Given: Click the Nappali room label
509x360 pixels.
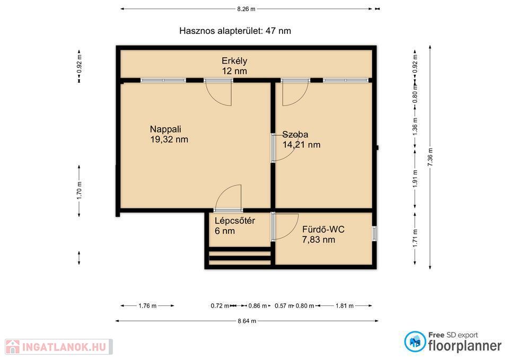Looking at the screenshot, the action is pyautogui.click(x=165, y=129).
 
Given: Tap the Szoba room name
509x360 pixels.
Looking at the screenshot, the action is pyautogui.click(x=295, y=134).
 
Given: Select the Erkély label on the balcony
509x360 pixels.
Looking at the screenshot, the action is pyautogui.click(x=234, y=60).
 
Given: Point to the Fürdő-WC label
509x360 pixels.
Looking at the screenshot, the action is pyautogui.click(x=323, y=230).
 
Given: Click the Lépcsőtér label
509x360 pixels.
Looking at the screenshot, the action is pyautogui.click(x=235, y=221).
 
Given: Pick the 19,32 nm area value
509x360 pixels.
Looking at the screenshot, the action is pyautogui.click(x=169, y=139).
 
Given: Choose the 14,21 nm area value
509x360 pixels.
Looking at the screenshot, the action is pyautogui.click(x=301, y=145).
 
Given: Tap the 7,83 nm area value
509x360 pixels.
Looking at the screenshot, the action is pyautogui.click(x=319, y=240).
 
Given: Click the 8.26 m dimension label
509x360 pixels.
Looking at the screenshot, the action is pyautogui.click(x=246, y=9).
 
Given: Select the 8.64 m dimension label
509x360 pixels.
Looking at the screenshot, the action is pyautogui.click(x=247, y=321).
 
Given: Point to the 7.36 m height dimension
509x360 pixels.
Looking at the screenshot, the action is pyautogui.click(x=430, y=157).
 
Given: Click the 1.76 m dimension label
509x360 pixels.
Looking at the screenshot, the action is pyautogui.click(x=147, y=306).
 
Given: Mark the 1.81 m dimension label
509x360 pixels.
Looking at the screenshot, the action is pyautogui.click(x=345, y=306).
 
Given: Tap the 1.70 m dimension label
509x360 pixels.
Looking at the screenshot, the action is pyautogui.click(x=79, y=190).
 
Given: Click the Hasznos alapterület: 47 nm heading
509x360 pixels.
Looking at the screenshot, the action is pyautogui.click(x=235, y=31).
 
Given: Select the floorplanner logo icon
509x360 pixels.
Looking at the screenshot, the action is pyautogui.click(x=415, y=342).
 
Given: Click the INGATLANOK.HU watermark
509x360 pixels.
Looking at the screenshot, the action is pyautogui.click(x=59, y=347).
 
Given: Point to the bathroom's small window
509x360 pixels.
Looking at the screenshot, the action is pyautogui.click(x=374, y=233).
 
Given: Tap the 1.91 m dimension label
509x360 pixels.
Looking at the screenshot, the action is pyautogui.click(x=415, y=179).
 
